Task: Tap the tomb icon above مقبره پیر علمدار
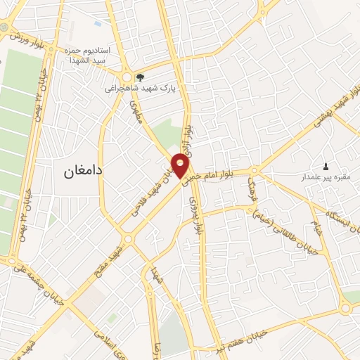tap(325, 167)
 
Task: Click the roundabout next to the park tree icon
tap(127, 77)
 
